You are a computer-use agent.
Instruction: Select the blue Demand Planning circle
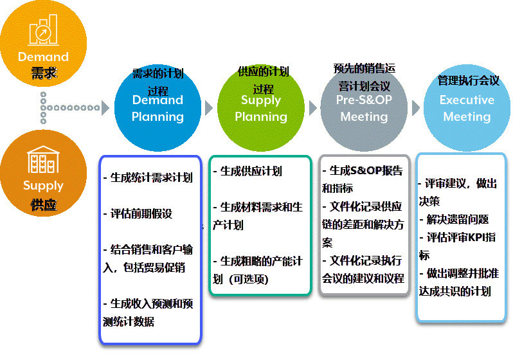tap(157, 108)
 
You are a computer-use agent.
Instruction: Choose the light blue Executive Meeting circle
tap(467, 108)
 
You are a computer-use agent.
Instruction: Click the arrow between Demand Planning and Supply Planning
tap(208, 108)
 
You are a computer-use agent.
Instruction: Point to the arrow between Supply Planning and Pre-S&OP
tap(312, 108)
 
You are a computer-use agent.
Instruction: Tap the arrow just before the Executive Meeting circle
tap(415, 108)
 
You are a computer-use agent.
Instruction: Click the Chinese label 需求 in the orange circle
tap(44, 73)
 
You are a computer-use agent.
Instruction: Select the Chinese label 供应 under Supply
tap(44, 205)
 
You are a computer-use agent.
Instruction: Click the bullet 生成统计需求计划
tap(148, 177)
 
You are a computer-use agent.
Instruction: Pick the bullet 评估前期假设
tap(138, 213)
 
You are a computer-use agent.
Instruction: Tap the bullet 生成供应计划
tap(248, 171)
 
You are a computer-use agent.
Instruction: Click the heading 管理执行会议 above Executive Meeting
tap(468, 80)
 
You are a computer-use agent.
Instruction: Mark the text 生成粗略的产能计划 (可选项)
tap(257, 270)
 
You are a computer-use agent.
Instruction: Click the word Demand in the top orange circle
tap(44, 57)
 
